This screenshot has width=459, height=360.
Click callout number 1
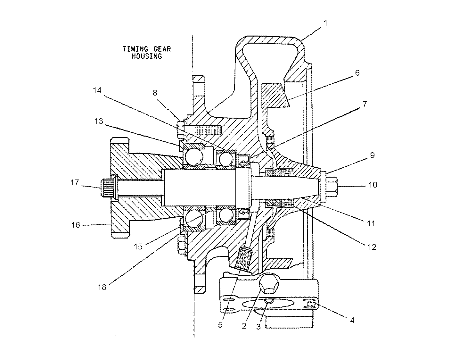point(325,23)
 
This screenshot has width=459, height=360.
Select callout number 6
point(357,73)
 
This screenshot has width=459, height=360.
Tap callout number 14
point(97,90)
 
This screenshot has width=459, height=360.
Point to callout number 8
point(155,93)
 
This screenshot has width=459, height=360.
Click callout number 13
point(99,121)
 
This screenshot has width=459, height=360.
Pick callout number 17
point(75,182)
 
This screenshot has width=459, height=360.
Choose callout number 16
point(76,225)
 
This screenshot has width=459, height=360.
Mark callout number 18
point(102,287)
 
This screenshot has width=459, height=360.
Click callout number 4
point(352,321)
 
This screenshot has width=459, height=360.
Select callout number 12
point(372,247)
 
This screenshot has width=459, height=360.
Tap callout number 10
point(373,185)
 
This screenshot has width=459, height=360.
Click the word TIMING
point(135,49)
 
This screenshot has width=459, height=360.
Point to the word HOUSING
point(147,56)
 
